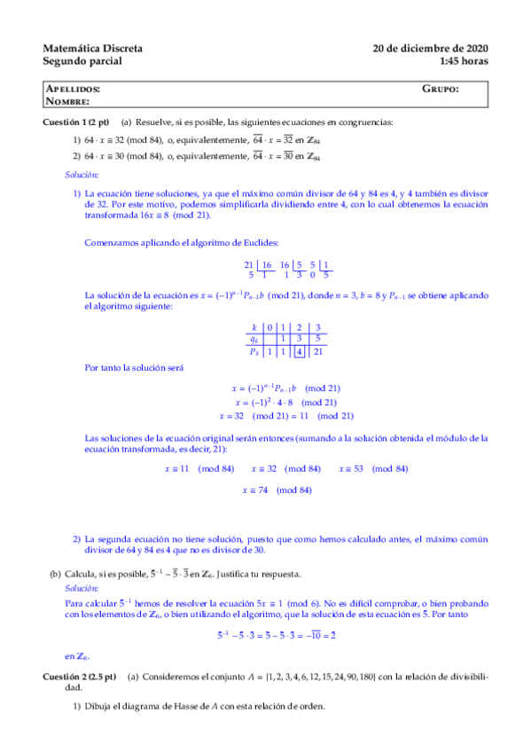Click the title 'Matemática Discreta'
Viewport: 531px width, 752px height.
click(92, 48)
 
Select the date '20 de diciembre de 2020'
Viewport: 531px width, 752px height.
click(431, 48)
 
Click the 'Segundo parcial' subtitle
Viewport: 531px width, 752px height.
click(82, 61)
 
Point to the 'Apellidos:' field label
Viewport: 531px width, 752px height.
click(72, 90)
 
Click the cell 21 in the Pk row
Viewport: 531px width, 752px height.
click(318, 351)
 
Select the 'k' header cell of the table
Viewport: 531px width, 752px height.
click(254, 327)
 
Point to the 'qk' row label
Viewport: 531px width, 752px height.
click(254, 339)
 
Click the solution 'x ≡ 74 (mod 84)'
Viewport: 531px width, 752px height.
click(277, 490)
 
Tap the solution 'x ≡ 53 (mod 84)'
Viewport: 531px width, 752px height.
click(373, 468)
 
